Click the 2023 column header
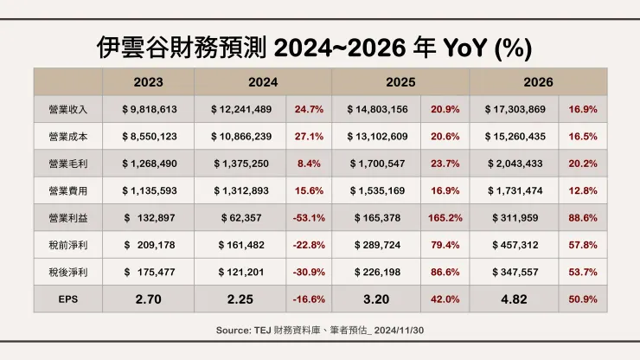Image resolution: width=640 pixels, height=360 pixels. (148, 82)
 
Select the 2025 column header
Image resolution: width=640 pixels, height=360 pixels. (400, 82)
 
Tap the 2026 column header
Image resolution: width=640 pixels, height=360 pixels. (539, 82)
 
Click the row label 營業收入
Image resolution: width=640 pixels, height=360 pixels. (68, 110)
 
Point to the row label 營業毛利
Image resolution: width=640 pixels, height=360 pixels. (68, 164)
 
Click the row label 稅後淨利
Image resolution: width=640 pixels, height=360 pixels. (68, 272)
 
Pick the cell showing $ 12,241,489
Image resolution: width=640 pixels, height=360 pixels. (241, 110)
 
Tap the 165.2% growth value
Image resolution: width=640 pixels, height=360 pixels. (445, 217)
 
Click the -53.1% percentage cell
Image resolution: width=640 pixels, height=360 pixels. (309, 217)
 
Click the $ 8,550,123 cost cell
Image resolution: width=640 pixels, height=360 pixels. (150, 137)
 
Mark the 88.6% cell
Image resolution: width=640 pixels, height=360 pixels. (582, 217)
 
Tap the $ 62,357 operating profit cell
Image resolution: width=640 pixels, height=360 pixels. (241, 217)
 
